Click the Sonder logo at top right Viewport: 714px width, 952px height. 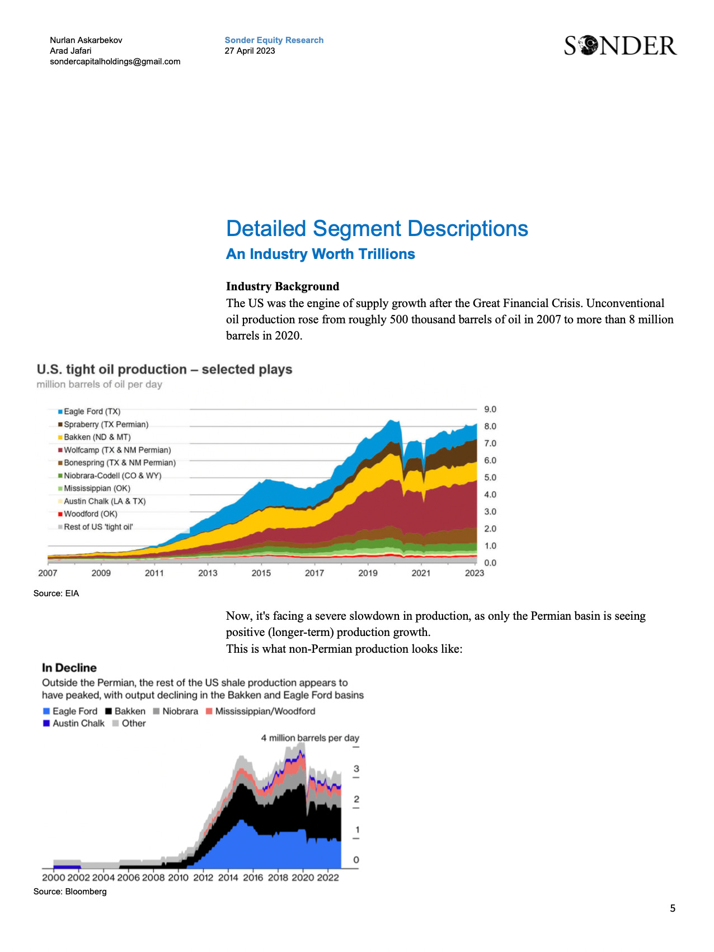click(x=620, y=46)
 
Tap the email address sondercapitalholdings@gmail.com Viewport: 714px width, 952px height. click(x=115, y=62)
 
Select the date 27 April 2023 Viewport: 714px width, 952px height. click(x=250, y=51)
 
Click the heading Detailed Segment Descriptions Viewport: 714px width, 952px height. click(x=377, y=229)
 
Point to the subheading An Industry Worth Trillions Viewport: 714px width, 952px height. click(x=320, y=254)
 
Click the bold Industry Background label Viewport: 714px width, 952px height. click(x=282, y=286)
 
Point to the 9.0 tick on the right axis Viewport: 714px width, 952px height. click(x=490, y=409)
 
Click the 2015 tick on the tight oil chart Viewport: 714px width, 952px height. click(x=261, y=573)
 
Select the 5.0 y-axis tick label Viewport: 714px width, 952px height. click(x=490, y=478)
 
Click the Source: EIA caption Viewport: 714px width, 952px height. click(x=56, y=593)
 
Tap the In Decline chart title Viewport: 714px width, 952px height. click(x=69, y=668)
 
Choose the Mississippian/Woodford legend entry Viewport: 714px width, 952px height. click(x=265, y=711)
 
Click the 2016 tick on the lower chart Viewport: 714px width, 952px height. click(x=253, y=878)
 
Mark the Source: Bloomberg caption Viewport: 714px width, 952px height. click(x=69, y=892)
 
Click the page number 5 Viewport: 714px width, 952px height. click(x=673, y=908)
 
